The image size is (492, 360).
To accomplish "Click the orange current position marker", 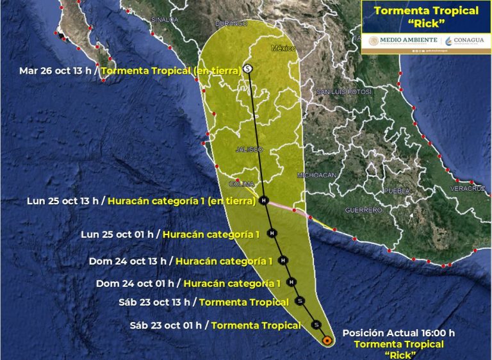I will click(x=327, y=341).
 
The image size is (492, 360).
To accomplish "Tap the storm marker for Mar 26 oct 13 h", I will click(x=248, y=68).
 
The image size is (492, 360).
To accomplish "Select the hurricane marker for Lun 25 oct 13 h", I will click(x=264, y=200).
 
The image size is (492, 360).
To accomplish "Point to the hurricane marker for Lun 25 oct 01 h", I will click(x=272, y=233).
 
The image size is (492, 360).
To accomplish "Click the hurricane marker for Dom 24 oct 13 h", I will click(x=283, y=261).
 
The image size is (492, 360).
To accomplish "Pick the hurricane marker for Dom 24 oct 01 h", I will click(x=291, y=282).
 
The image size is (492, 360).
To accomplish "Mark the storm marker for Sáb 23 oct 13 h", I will click(x=300, y=301).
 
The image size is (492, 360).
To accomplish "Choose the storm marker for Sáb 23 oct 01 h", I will click(x=315, y=325).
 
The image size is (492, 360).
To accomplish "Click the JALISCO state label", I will click(x=249, y=149).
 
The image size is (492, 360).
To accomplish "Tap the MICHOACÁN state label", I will click(x=316, y=175).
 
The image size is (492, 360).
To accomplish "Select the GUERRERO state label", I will click(x=363, y=210).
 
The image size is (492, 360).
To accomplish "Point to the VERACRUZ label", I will click(x=466, y=189).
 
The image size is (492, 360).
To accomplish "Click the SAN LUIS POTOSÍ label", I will click(x=344, y=92).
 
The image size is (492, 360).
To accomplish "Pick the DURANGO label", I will click(x=231, y=24).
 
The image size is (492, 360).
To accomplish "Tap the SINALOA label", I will click(x=164, y=20).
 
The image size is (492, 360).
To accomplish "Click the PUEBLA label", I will click(x=397, y=191).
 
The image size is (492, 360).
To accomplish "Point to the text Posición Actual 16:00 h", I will click(x=398, y=332).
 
